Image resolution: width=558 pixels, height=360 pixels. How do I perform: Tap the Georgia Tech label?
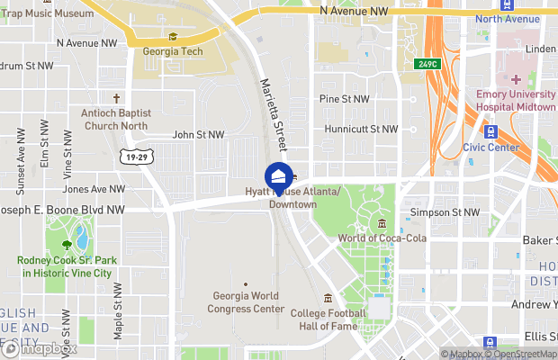coord(173,51)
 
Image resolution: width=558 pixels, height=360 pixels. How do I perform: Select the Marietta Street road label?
coord(272,112)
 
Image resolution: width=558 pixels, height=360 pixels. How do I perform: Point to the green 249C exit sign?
coord(427,65)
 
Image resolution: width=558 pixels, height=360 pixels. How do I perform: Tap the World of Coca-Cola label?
coord(382,238)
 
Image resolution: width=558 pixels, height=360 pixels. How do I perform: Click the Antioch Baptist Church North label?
coord(116,119)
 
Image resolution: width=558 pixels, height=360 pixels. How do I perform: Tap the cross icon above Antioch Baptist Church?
coord(116,98)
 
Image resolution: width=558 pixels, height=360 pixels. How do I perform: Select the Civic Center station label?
coord(490,147)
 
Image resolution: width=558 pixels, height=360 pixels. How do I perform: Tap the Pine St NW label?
coord(345,99)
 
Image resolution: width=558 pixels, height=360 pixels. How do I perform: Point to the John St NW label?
coord(198,135)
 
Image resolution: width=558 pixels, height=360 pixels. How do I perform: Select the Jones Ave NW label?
coord(94,189)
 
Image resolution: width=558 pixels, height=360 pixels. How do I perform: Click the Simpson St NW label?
coord(445,211)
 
